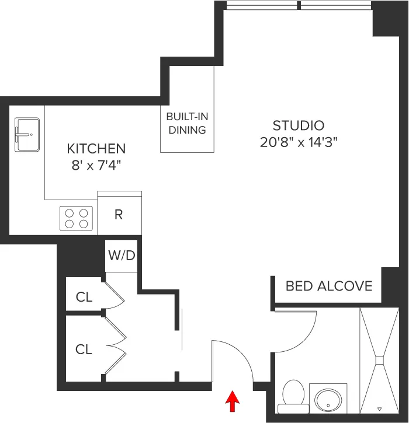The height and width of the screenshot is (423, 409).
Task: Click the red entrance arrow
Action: point(233,401)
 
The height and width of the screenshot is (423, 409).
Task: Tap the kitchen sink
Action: point(27,134)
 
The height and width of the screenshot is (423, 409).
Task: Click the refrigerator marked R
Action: point(119,214)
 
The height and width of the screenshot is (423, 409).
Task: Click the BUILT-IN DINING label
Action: point(187,123)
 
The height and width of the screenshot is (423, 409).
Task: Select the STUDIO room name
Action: point(299,125)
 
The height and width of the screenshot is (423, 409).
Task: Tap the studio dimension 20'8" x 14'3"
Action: point(299,141)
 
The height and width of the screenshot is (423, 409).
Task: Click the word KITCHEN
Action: point(96,148)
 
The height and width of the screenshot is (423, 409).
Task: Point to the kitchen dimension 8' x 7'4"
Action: point(96,165)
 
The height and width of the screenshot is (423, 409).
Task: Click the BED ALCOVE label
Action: point(329,286)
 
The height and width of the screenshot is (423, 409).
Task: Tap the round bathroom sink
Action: point(327,400)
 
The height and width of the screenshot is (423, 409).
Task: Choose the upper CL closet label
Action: point(84,297)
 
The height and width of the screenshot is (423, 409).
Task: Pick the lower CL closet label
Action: point(84,349)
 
